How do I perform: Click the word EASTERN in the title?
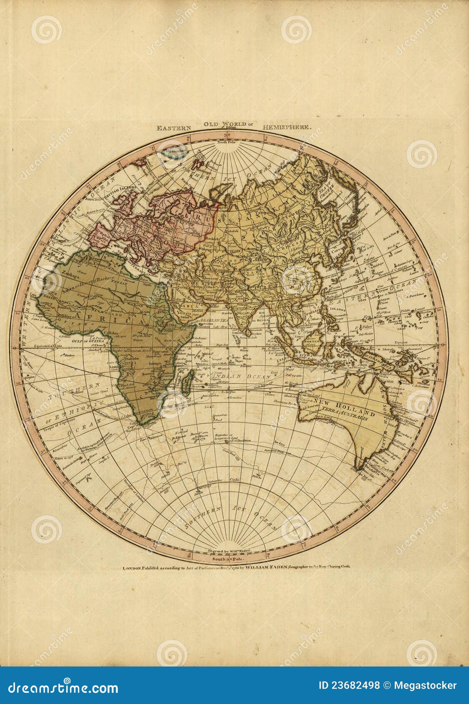tap(174, 128)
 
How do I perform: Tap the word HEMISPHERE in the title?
tap(287, 128)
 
